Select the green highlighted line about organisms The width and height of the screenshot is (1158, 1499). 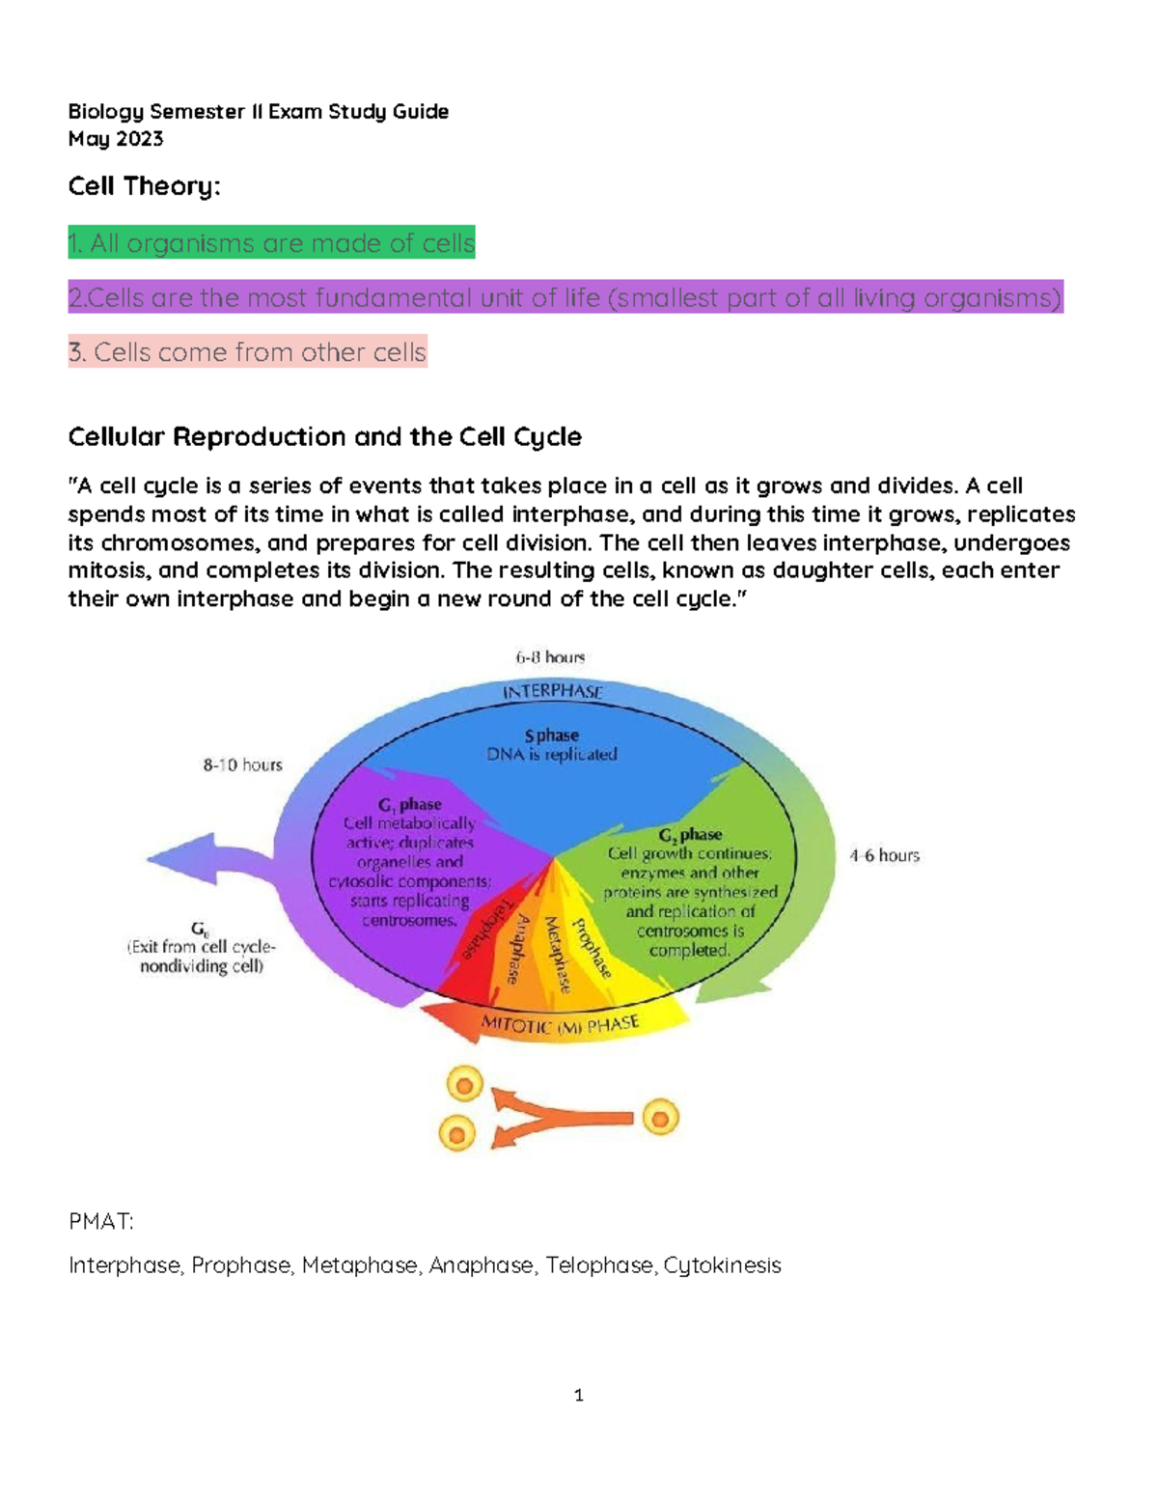click(271, 243)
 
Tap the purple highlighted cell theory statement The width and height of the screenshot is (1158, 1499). click(565, 298)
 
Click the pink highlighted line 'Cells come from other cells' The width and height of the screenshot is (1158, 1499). click(247, 352)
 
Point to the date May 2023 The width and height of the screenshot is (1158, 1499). click(116, 139)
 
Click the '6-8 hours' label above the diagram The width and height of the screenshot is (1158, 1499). click(550, 657)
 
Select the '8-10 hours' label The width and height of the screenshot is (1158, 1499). click(242, 765)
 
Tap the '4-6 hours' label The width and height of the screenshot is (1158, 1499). click(884, 855)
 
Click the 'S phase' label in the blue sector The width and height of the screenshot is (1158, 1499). click(552, 736)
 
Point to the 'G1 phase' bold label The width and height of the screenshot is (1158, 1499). click(409, 805)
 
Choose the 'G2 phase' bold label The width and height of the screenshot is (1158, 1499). click(690, 835)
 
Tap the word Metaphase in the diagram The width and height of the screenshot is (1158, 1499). click(558, 955)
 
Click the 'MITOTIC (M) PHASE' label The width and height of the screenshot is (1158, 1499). click(560, 1025)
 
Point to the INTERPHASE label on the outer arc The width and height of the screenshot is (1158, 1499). click(552, 691)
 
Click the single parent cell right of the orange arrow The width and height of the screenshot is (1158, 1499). click(661, 1119)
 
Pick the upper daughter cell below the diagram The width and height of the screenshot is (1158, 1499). click(465, 1084)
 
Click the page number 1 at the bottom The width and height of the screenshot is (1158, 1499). click(578, 1396)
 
